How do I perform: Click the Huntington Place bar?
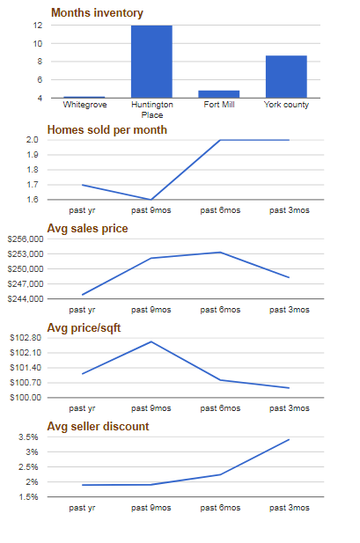(151, 62)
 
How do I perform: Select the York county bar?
(286, 77)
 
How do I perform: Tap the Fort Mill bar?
(218, 94)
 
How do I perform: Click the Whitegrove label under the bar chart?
(84, 105)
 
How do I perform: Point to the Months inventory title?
(97, 13)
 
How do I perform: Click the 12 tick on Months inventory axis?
(38, 26)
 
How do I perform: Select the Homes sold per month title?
(107, 130)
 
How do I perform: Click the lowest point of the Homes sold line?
(151, 200)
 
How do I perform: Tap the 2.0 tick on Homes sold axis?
(33, 140)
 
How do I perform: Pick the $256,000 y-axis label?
(26, 239)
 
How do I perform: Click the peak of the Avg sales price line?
(220, 252)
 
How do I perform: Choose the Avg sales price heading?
(87, 229)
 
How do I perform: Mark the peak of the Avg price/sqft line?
(151, 341)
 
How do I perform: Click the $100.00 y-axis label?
(26, 397)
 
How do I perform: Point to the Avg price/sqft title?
(84, 327)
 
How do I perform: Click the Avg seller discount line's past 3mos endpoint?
(289, 439)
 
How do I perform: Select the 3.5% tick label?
(28, 437)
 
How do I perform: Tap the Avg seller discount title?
(98, 426)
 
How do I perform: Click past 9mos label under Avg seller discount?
(151, 508)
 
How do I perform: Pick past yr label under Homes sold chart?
(82, 210)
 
